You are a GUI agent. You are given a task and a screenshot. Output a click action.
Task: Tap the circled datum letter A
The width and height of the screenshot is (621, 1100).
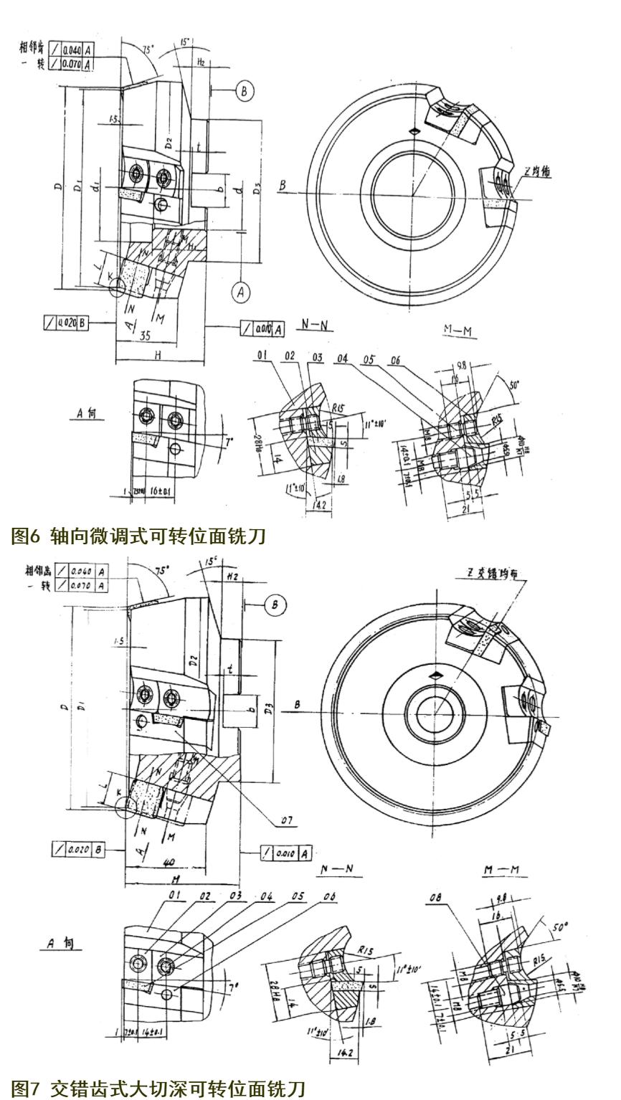[242, 291]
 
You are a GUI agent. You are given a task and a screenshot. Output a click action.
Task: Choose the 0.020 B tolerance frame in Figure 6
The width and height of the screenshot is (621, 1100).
[66, 323]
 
